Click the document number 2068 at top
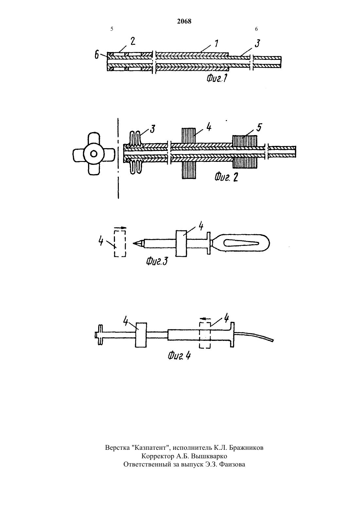pos(184,21)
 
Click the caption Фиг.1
pos(217,79)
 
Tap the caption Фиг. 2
pos(226,177)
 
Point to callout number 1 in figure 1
pos(216,44)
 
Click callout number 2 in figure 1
pos(133,41)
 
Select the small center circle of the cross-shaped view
pos(93,154)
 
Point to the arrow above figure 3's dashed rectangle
pos(120,227)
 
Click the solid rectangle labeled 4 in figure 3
pos(181,244)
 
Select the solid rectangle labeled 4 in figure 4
pos(141,335)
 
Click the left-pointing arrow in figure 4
pos(205,319)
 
